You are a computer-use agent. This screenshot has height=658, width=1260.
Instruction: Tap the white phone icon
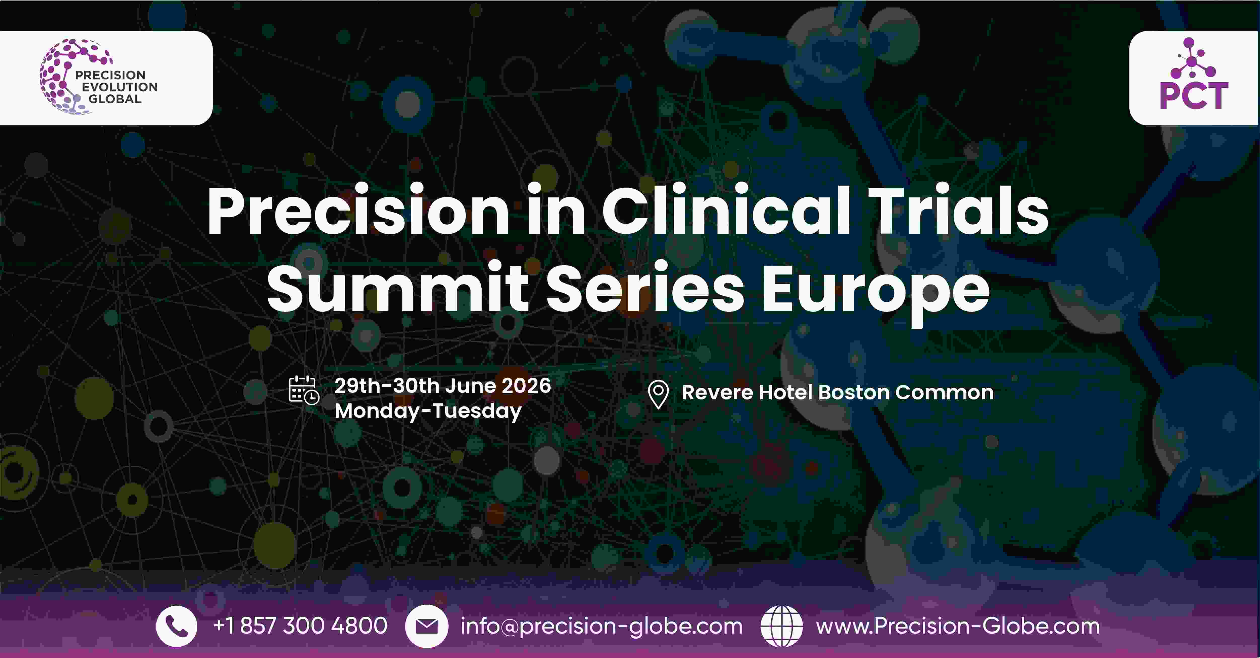click(x=176, y=626)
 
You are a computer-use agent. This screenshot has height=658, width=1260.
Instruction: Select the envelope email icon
click(x=426, y=626)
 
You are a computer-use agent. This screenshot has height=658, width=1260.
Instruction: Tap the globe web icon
click(x=782, y=626)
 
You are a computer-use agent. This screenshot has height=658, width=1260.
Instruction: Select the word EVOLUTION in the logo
click(x=120, y=87)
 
